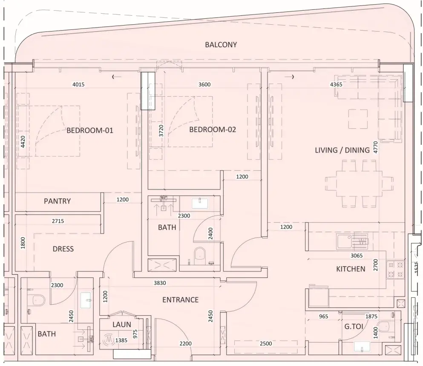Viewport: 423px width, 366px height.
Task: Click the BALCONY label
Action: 221,45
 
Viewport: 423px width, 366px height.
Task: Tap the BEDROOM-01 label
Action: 90,130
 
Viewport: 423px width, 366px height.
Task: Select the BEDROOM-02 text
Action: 213,130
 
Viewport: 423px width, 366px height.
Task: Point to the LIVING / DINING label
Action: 342,150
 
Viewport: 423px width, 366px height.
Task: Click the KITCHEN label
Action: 351,269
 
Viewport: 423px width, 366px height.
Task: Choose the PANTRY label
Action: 57,201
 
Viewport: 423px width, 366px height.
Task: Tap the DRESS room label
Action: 63,249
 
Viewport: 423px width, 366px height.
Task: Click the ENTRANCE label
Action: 181,300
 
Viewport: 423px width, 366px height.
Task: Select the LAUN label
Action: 122,324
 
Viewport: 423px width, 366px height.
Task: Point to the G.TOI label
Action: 354,327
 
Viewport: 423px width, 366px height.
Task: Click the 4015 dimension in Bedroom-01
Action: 78,84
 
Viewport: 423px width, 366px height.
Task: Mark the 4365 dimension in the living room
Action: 336,84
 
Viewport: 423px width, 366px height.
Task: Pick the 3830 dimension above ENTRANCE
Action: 160,283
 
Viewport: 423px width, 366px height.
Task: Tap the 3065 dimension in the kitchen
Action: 357,255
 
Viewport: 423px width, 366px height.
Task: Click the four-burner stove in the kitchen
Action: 395,270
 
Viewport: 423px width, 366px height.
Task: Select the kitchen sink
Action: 344,241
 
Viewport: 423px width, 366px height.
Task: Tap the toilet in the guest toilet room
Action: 384,326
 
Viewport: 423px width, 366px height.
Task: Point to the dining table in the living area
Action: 359,184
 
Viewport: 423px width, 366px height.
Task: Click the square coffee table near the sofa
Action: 358,119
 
